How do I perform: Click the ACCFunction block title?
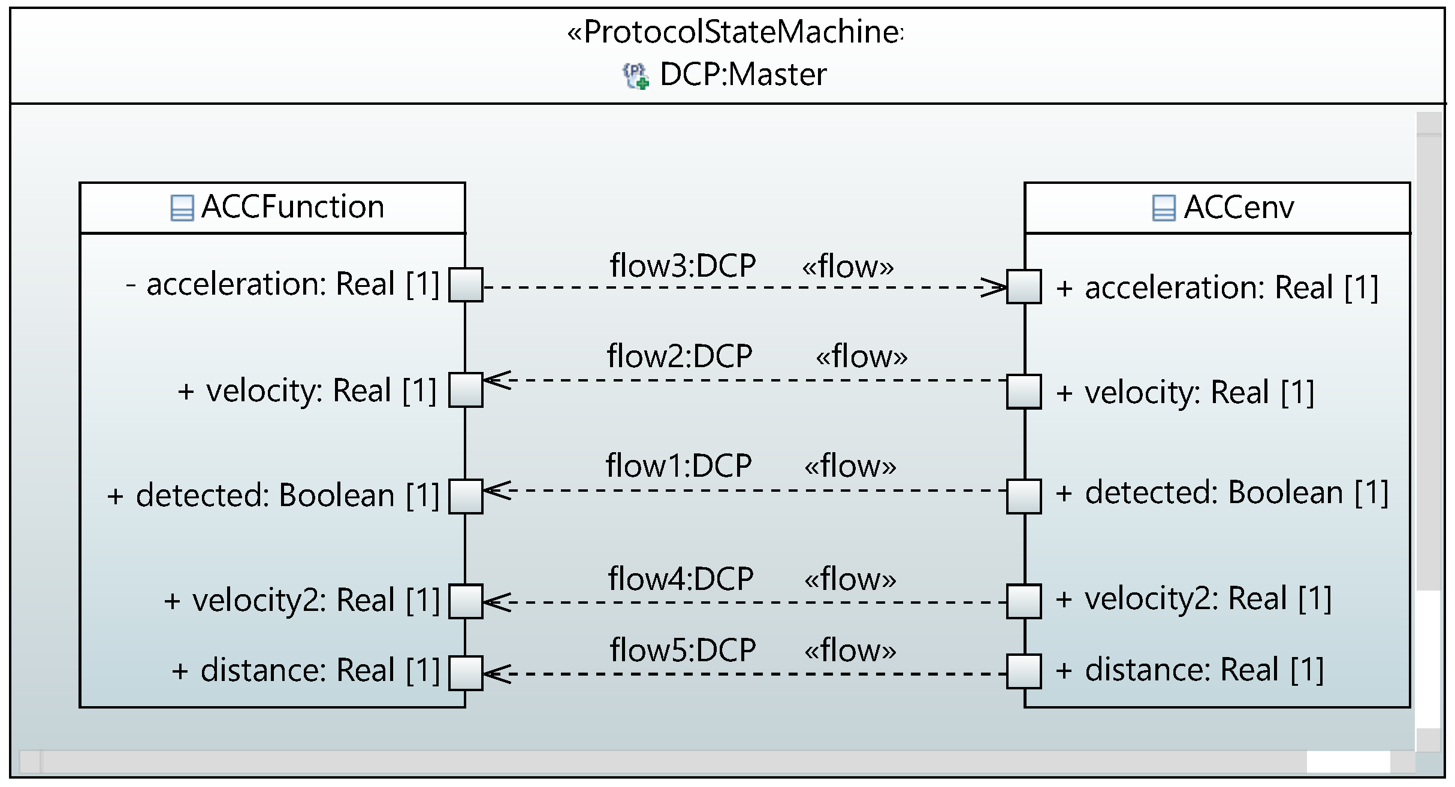[x=292, y=207]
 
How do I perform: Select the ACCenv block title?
[x=1238, y=208]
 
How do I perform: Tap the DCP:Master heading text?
[x=742, y=75]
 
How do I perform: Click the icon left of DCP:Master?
[x=636, y=76]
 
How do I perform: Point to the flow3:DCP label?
[x=683, y=265]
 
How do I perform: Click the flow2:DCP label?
[x=680, y=356]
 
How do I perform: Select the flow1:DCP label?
[x=678, y=465]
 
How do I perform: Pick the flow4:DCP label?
[x=681, y=579]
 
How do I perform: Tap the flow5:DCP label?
[x=683, y=650]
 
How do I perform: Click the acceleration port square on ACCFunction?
[x=466, y=285]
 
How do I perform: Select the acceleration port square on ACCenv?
[x=1024, y=287]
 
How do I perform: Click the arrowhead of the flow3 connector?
[x=994, y=287]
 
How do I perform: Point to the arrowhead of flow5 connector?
[x=496, y=674]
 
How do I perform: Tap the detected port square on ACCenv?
[x=1024, y=496]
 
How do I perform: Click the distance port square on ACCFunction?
[x=466, y=673]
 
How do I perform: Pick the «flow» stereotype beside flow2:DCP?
[x=861, y=356]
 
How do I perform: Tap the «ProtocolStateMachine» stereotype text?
[x=735, y=32]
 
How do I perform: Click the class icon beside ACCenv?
[x=1163, y=208]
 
